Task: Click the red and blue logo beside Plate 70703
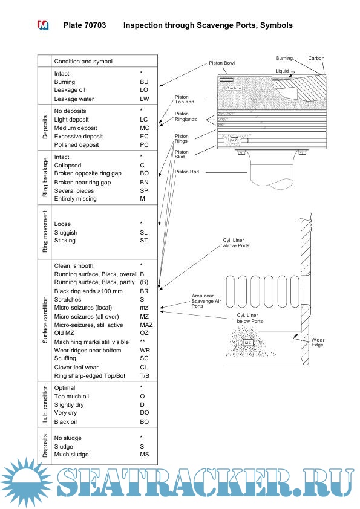click(43, 25)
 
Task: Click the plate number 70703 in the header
click(95, 25)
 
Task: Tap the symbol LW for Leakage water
click(144, 99)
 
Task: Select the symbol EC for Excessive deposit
click(144, 137)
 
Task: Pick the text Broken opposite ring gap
click(88, 173)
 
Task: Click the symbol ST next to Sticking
click(143, 240)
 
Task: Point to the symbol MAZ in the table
click(146, 325)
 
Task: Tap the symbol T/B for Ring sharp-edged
click(145, 375)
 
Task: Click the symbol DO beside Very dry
click(144, 413)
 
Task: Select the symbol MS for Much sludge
click(144, 454)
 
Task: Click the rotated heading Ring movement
click(45, 232)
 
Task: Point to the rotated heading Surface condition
click(45, 320)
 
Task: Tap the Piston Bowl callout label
click(221, 63)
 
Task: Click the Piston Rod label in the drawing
click(187, 172)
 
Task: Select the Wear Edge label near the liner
click(318, 342)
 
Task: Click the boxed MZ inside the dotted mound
click(248, 343)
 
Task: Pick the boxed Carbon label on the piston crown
click(234, 88)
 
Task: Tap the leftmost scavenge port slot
click(230, 291)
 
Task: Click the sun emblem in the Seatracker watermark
click(26, 482)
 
